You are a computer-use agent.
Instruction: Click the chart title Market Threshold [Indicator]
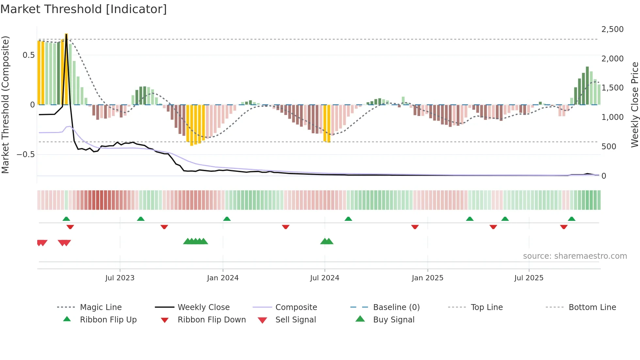click(84, 9)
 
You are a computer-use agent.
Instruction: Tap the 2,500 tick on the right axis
click(612, 29)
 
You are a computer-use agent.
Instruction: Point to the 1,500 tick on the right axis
click(612, 88)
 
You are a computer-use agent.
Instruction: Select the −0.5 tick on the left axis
click(26, 155)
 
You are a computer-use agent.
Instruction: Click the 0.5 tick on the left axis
click(28, 55)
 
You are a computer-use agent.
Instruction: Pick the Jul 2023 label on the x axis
click(120, 278)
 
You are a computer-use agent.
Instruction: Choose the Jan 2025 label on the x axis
click(427, 278)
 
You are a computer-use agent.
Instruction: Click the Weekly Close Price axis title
click(634, 105)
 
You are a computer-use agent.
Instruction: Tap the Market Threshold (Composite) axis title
click(5, 105)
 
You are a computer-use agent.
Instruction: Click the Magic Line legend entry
click(101, 307)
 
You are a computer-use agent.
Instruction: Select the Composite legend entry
click(296, 307)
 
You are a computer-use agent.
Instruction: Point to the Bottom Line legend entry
click(592, 307)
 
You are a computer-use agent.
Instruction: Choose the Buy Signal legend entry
click(393, 320)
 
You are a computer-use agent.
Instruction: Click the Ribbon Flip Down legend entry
click(211, 320)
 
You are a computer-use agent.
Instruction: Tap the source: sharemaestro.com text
click(575, 256)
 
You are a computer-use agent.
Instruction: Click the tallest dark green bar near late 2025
click(587, 86)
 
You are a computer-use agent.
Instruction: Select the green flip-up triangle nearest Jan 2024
click(227, 219)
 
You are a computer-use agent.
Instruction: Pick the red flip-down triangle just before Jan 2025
click(415, 227)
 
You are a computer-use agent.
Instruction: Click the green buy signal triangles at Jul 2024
click(327, 241)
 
